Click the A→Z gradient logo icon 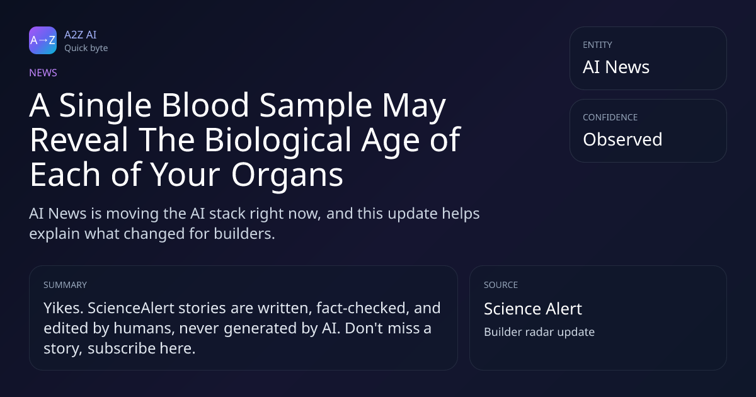(x=43, y=40)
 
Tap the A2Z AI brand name (x=81, y=35)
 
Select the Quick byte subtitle (x=86, y=49)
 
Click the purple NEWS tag (x=43, y=72)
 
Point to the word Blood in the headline (x=205, y=105)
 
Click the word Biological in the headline (x=278, y=139)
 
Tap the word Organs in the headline (x=287, y=175)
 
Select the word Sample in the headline (x=316, y=106)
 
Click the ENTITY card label (x=597, y=45)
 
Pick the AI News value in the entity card (x=616, y=67)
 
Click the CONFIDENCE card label (x=610, y=117)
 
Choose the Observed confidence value (x=622, y=139)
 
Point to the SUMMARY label (x=65, y=285)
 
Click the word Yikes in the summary (x=64, y=308)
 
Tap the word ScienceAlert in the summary (x=130, y=308)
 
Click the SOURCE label (x=501, y=285)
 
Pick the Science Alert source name (x=533, y=309)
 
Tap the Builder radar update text (x=539, y=332)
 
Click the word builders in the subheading (x=244, y=234)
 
